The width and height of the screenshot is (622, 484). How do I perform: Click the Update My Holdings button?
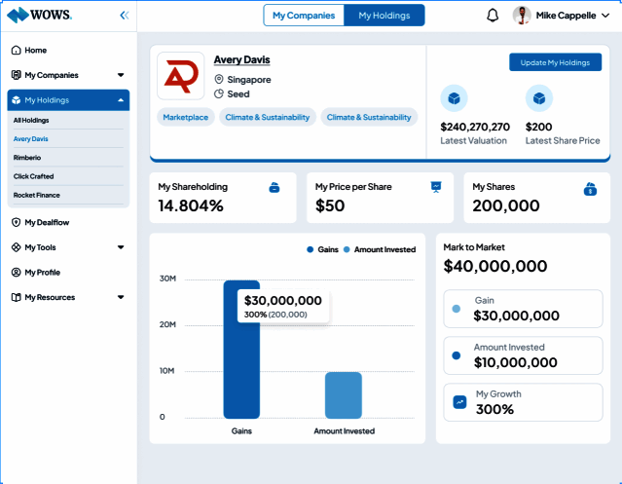[x=555, y=62]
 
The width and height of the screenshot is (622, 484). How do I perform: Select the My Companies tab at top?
[x=304, y=15]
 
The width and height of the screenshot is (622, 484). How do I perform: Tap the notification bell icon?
[x=493, y=15]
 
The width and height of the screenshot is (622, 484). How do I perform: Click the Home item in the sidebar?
[x=35, y=50]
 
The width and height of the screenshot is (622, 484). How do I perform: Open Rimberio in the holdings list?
[x=27, y=157]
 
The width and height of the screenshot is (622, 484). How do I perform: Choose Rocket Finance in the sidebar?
[x=37, y=195]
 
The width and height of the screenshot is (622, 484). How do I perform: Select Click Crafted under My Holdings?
[x=33, y=176]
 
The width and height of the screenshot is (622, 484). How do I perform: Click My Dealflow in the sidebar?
[x=47, y=222]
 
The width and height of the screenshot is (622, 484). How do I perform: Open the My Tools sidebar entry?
[x=42, y=247]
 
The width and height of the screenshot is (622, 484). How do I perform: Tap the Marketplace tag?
[x=185, y=117]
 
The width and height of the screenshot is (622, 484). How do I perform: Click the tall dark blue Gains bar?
[x=241, y=351]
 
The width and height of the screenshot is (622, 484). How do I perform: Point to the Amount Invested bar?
[x=344, y=395]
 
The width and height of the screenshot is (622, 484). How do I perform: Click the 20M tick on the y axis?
[x=167, y=324]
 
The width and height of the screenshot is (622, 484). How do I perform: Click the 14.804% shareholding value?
[x=191, y=205]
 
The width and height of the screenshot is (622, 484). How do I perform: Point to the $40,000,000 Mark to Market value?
[x=495, y=266]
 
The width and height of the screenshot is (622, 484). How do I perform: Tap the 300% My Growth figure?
[x=494, y=409]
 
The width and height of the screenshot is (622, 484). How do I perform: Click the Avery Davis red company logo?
[x=180, y=76]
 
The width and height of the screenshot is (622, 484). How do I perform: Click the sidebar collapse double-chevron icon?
[x=124, y=15]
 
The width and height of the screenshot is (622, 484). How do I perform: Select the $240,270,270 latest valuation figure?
[x=475, y=127]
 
